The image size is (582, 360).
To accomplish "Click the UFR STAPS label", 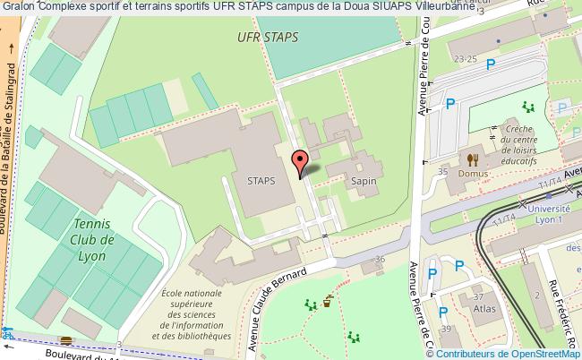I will [x=269, y=38].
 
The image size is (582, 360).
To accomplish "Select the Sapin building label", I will [x=363, y=180].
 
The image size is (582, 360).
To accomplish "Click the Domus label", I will [x=475, y=173].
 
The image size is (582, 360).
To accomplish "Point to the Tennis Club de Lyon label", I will [x=93, y=240].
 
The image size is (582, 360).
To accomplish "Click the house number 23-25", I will [x=465, y=59].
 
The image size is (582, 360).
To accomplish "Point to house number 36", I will [x=380, y=260].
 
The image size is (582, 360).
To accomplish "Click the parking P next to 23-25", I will [x=490, y=64].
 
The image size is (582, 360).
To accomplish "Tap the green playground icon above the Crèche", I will [x=529, y=107].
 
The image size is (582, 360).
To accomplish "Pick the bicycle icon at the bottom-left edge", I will [x=7, y=333].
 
